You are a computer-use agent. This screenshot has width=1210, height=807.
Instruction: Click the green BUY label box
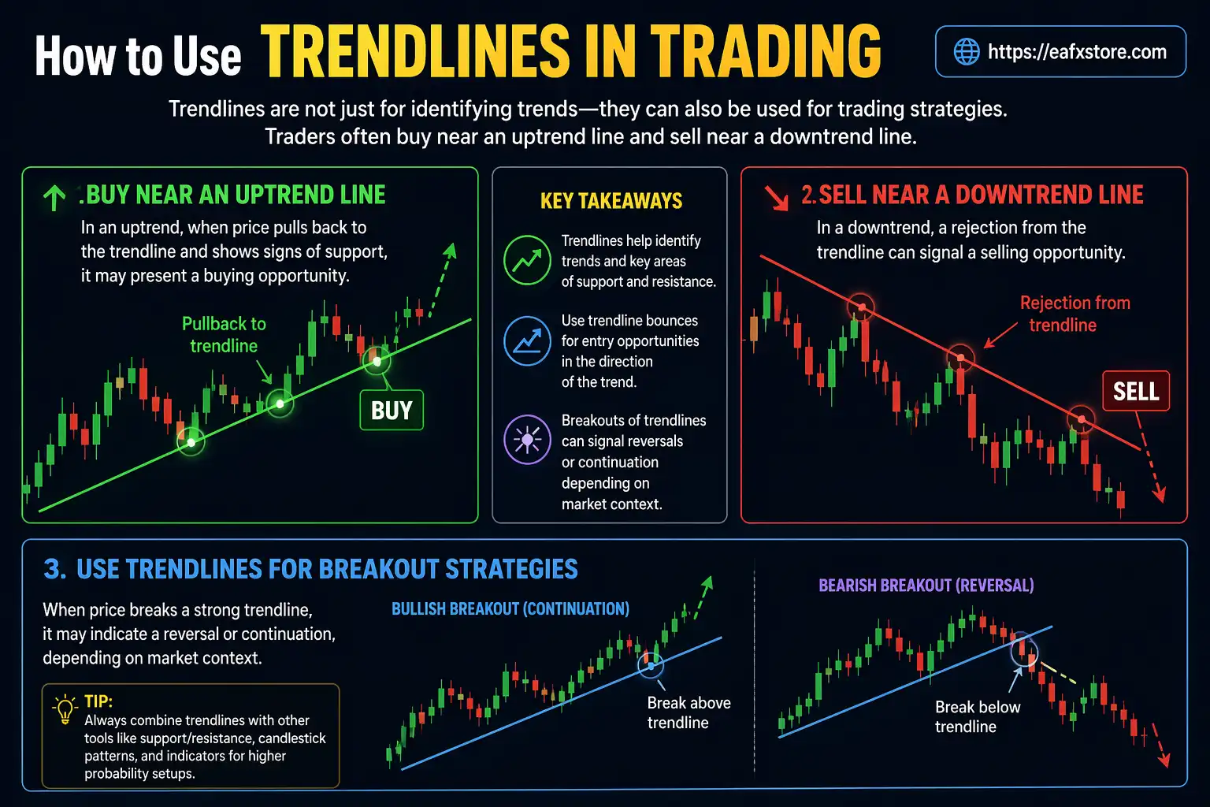pos(392,410)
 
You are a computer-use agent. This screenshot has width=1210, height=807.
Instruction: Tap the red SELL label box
pos(1135,391)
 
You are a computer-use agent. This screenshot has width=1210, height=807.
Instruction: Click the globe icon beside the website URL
pos(966,52)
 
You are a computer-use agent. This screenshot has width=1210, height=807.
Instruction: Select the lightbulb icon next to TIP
pos(65,709)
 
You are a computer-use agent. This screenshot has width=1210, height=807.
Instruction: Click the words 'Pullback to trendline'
pos(224,335)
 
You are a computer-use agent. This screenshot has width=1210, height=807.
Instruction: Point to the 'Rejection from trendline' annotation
pos(1074,314)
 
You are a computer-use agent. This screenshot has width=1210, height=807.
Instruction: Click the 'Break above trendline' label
pos(689,712)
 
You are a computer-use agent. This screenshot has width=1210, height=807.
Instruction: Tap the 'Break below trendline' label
pos(977,716)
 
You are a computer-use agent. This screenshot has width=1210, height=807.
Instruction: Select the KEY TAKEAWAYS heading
pos(611,201)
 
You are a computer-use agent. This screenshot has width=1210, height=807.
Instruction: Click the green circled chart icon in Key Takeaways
pos(527,260)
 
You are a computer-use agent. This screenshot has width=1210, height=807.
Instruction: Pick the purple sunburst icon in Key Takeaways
pos(527,439)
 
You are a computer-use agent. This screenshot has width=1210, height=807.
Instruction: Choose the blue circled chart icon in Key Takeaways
pos(527,341)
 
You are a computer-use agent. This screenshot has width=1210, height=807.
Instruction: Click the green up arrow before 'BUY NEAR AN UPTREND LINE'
pos(54,197)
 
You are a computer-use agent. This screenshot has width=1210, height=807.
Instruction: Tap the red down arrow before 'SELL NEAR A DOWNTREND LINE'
pos(777,197)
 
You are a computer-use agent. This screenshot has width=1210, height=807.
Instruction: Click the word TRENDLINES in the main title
pos(414,52)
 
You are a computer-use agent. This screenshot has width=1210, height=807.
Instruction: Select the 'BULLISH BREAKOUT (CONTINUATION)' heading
pos(510,608)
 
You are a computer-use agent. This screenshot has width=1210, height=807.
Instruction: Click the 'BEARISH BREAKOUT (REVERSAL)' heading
pos(926,586)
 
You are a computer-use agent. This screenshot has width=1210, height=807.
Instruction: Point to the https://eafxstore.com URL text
pos(1077,52)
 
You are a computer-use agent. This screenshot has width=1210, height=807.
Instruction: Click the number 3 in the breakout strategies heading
pos(54,569)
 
